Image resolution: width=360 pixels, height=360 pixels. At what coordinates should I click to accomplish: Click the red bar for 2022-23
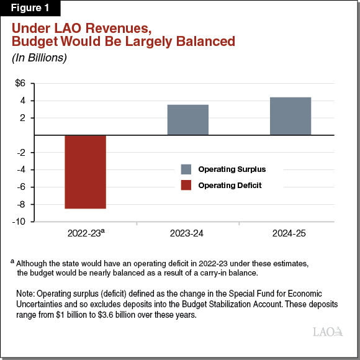click(85, 172)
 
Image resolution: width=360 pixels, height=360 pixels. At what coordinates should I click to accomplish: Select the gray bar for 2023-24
click(188, 120)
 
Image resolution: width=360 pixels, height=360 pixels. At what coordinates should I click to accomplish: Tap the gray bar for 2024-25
click(290, 116)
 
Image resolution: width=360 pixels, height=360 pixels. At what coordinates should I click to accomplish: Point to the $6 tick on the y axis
click(20, 83)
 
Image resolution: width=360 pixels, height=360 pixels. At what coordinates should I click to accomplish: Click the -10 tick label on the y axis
click(19, 222)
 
